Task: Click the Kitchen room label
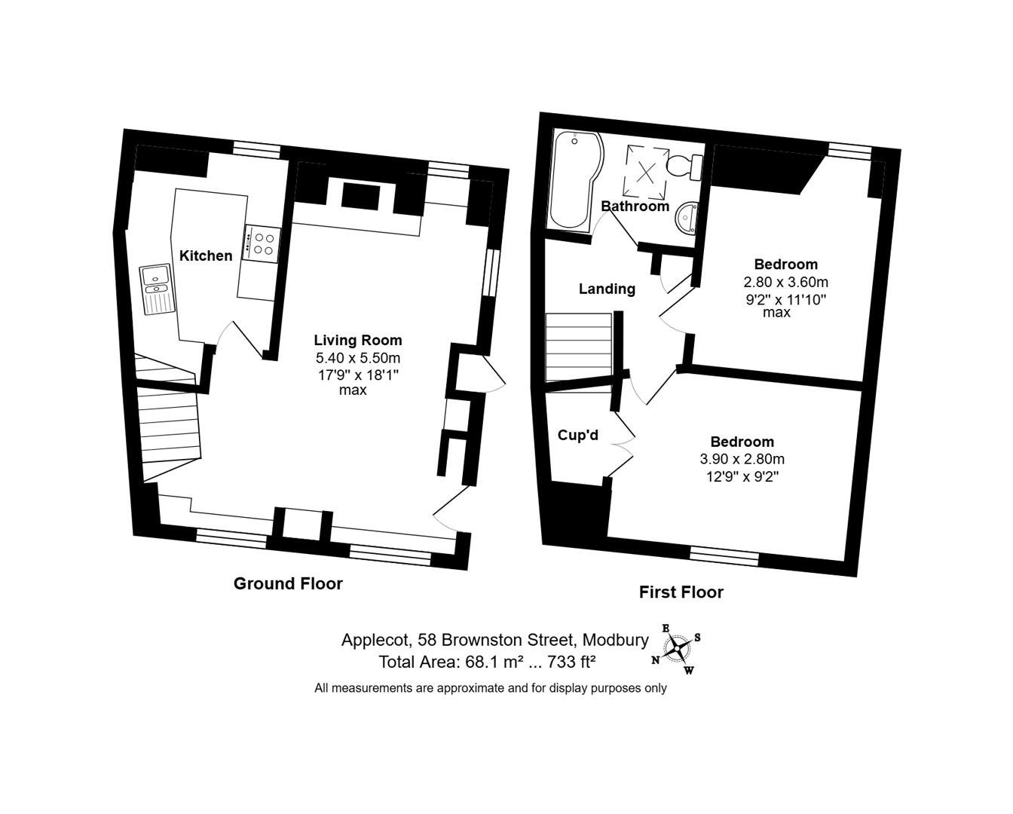[x=206, y=256]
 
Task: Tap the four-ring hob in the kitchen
[x=262, y=244]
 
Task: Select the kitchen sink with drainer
[x=157, y=289]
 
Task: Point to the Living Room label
[x=358, y=340]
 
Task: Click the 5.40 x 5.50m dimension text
[x=358, y=358]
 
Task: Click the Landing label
[x=607, y=289]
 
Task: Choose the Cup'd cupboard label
[x=577, y=435]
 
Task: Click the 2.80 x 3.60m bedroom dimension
[x=785, y=282]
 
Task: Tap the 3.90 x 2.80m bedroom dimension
[x=742, y=459]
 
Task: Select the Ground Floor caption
[x=288, y=584]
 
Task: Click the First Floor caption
[x=681, y=592]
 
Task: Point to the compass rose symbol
[x=676, y=649]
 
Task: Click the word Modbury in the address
[x=616, y=641]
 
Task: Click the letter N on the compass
[x=656, y=660]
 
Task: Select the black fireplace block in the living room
[x=360, y=196]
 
